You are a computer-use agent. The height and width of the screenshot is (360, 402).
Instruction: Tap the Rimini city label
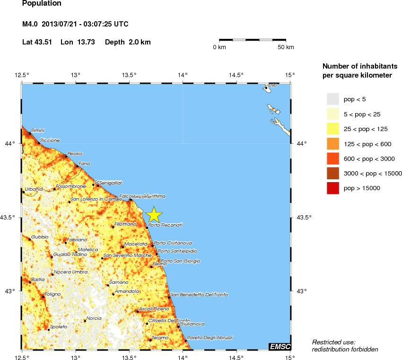coord(37,130)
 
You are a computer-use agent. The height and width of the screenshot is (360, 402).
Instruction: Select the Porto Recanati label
coord(165,225)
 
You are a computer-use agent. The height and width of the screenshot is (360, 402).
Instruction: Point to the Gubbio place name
coord(40,237)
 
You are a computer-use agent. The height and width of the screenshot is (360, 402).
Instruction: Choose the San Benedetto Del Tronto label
coord(199,294)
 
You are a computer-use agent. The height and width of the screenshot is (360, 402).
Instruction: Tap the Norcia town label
coord(94,318)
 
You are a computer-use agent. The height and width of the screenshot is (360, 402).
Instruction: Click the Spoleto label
coord(59,326)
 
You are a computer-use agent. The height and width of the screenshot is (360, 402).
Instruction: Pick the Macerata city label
coord(136,244)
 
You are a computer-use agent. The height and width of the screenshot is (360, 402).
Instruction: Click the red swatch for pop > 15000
coord(333,188)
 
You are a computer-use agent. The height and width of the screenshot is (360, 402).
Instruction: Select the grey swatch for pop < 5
coord(333,98)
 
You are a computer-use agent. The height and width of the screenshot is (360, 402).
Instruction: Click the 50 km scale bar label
coord(286,47)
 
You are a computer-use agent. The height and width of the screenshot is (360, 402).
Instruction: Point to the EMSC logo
coord(280,347)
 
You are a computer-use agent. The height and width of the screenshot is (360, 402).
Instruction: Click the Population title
coord(42,4)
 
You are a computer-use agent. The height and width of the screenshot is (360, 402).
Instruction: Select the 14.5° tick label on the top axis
coord(236,74)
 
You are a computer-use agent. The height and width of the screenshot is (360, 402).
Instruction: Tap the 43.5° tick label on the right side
coord(303,218)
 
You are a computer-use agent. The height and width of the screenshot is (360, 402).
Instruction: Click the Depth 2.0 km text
coord(128,42)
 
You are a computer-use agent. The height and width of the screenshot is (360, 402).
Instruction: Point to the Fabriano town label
coord(76,240)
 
